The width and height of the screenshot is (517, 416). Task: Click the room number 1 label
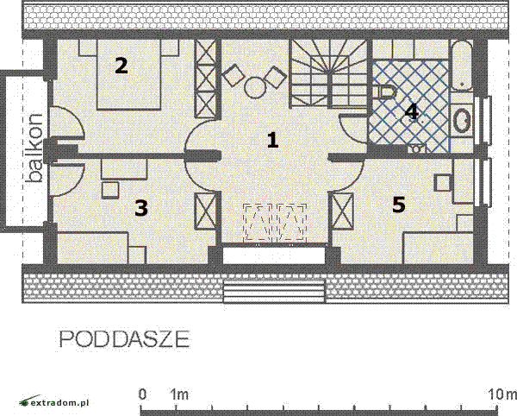pyautogui.click(x=272, y=139)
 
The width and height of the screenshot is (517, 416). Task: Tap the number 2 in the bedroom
pyautogui.click(x=122, y=66)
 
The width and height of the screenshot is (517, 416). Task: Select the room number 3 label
pyautogui.click(x=141, y=207)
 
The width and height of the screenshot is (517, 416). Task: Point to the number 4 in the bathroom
pyautogui.click(x=412, y=111)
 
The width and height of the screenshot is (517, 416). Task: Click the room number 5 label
pyautogui.click(x=398, y=205)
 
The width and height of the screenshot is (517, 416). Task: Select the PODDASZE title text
pyautogui.click(x=125, y=338)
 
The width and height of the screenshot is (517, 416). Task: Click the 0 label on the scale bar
pyautogui.click(x=142, y=394)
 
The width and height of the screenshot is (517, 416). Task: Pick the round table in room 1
pyautogui.click(x=255, y=86)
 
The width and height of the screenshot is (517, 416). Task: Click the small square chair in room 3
pyautogui.click(x=110, y=189)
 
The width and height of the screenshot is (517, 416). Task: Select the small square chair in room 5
pyautogui.click(x=442, y=183)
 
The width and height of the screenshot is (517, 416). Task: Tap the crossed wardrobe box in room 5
pyautogui.click(x=342, y=210)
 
